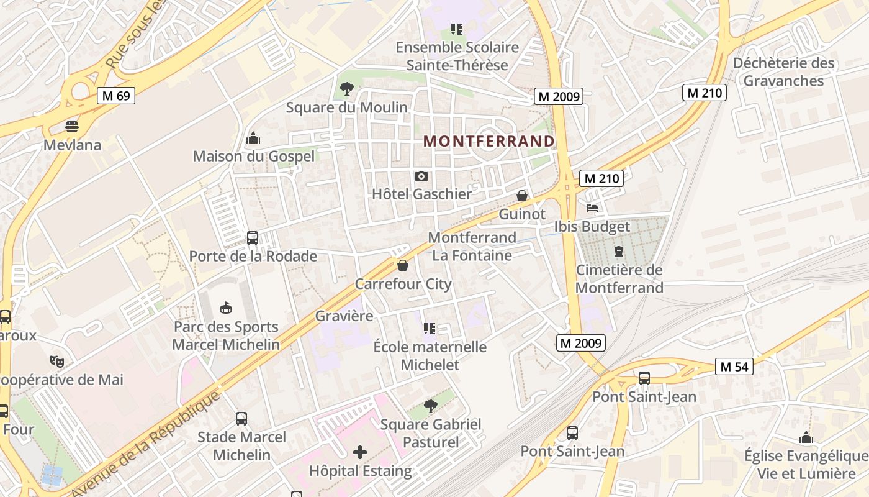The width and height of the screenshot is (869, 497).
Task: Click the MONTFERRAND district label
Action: (489, 141)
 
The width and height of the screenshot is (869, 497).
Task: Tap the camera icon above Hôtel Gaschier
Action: (421, 176)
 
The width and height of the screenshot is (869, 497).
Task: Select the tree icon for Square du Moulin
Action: (347, 89)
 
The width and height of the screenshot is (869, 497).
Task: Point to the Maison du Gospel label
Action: (254, 156)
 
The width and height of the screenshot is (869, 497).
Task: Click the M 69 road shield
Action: (116, 96)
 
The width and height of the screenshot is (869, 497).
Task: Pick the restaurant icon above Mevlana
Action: (72, 127)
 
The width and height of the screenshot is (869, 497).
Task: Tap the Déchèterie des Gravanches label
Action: (783, 71)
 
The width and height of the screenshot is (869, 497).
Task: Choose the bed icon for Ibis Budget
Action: (592, 208)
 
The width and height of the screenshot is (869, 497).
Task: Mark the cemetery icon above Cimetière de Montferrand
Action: (619, 252)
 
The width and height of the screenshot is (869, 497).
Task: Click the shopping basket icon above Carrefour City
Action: (403, 266)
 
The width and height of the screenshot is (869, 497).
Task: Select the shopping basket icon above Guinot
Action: (522, 196)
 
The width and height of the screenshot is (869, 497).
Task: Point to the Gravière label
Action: (344, 316)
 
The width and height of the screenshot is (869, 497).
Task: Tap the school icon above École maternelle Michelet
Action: (430, 328)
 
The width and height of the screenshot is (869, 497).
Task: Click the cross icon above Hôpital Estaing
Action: (360, 452)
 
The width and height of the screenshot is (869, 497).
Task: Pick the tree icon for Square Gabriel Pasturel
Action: (430, 406)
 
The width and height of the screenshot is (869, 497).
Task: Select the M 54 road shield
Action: (734, 367)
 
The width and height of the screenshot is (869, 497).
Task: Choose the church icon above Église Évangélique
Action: (806, 438)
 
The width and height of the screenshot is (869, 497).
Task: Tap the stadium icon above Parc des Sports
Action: (226, 308)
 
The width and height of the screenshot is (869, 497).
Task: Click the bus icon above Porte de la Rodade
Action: (253, 238)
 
